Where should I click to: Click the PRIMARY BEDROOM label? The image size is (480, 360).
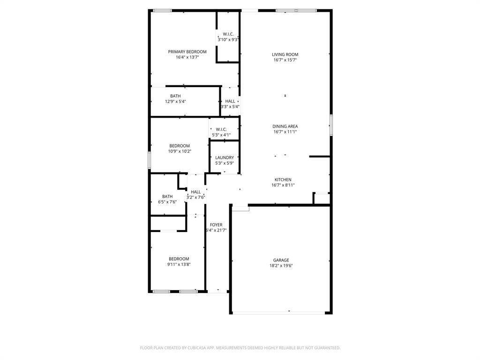pos(187,52)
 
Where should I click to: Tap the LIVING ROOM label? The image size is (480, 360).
pos(285,54)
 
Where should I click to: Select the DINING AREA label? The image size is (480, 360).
pos(285,126)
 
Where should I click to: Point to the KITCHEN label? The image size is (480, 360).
pos(283,180)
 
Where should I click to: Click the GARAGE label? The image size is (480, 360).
pos(281,260)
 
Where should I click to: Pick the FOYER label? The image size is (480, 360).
pos(216,225)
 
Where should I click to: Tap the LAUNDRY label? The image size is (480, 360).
pos(225,157)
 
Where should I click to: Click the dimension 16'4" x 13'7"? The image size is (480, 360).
pos(187,57)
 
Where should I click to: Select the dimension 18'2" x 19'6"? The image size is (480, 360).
pos(281,266)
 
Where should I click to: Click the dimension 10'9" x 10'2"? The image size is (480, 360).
pos(180,151)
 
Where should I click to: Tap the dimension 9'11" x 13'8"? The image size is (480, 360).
pos(179,264)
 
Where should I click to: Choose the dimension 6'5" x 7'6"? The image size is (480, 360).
pos(167,202)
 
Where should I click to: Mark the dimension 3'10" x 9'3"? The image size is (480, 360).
pos(228,40)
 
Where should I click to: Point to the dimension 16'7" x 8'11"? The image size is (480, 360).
pos(283,185)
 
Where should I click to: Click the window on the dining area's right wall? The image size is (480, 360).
pos(330,126)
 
